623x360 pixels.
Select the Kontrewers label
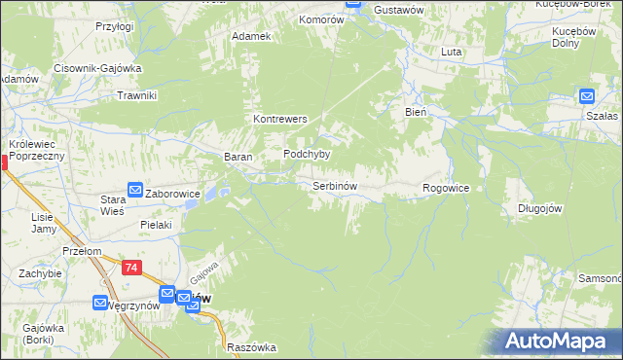coord(280,119)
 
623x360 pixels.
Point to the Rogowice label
coord(446,188)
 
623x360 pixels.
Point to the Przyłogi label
coord(114,27)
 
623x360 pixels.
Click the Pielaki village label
coord(156,225)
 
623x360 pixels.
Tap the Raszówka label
coord(251,347)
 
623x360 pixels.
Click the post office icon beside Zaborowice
coord(135,191)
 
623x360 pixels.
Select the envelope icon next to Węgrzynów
coord(100,303)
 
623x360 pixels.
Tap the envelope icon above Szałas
coord(587,95)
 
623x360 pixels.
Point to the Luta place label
coord(451,51)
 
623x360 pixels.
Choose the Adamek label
coord(250,36)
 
